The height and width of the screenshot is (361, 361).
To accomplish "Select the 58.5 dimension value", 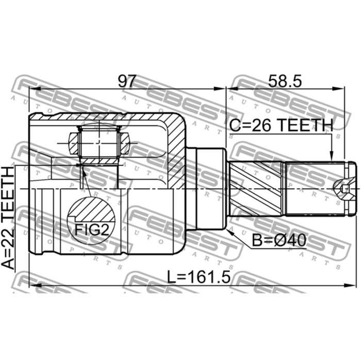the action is click(285, 81).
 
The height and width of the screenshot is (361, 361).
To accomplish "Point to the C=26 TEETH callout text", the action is click(281, 125).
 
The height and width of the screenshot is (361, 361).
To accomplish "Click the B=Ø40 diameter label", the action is click(280, 240).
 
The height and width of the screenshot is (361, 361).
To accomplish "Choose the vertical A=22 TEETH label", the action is click(8, 218).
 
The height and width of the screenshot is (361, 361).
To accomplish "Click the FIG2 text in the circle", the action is click(92, 229).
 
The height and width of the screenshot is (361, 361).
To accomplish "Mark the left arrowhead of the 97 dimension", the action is click(35, 89).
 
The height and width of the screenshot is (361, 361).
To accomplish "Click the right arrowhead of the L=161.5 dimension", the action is click(350, 286).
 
